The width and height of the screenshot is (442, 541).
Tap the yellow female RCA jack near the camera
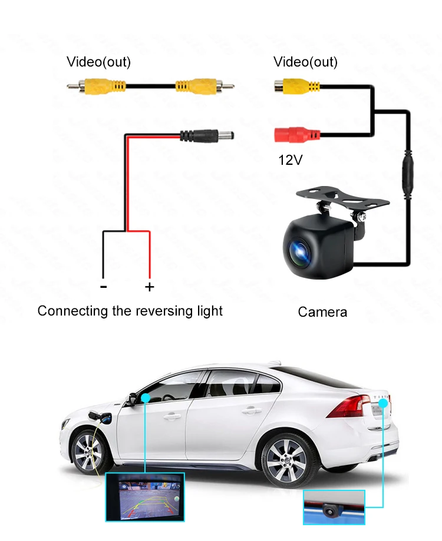297,87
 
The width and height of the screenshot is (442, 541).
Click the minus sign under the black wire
104,287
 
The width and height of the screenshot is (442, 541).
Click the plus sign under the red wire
150,287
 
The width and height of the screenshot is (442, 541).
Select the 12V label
290,159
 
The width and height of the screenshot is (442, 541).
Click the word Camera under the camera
322,312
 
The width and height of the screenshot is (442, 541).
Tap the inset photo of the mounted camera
334,507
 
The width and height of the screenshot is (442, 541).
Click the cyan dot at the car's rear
384,403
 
